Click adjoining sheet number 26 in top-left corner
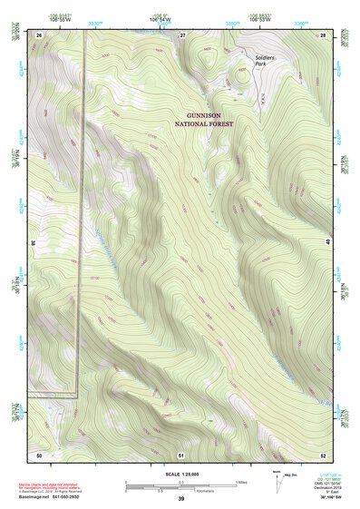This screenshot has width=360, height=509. [x=39, y=34]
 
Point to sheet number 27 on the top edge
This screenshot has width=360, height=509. [x=181, y=34]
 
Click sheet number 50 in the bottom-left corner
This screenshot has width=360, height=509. [x=39, y=453]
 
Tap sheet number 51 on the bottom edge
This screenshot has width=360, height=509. [x=181, y=453]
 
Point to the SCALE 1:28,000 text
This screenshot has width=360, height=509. [x=181, y=475]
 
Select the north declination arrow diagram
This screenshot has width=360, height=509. [x=278, y=479]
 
